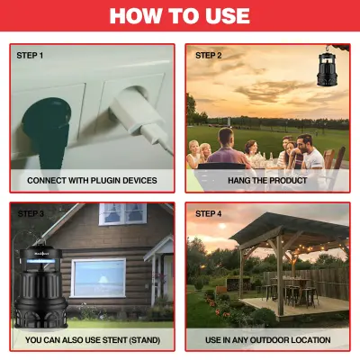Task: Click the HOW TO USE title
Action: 180,16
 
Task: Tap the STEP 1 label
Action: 30,55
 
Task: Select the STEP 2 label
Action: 208,55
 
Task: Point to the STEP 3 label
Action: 30,213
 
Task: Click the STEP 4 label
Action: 208,213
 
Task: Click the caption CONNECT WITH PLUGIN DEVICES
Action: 92,180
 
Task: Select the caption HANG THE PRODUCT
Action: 268,180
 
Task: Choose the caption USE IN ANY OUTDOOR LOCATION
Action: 268,339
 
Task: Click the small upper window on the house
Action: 122,213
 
